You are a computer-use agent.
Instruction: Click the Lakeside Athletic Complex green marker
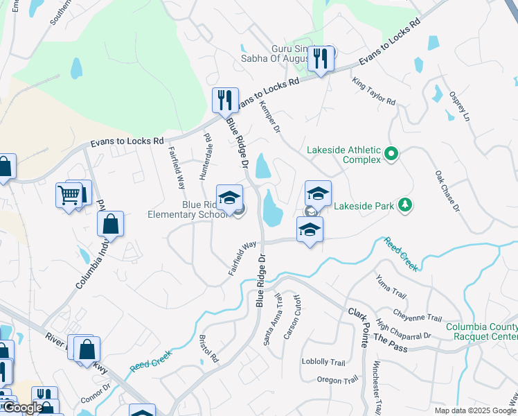click(391, 153)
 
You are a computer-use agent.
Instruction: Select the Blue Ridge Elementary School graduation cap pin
click(230, 198)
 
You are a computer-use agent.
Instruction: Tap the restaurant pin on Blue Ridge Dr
click(225, 101)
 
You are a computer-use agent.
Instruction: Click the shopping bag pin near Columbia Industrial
click(110, 225)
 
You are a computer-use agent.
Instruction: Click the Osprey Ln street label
click(459, 107)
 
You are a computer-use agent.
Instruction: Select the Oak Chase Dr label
click(447, 190)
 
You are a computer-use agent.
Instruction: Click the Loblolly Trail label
click(323, 362)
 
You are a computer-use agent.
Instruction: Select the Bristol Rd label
click(208, 349)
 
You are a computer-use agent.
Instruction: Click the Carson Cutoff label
click(292, 318)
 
